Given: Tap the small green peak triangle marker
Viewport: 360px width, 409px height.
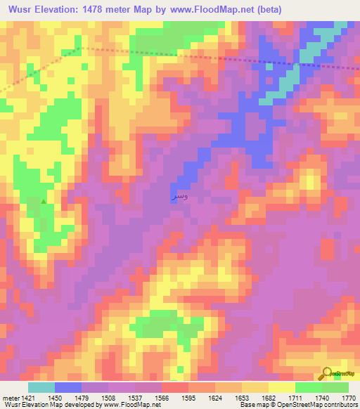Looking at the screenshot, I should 44,202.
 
